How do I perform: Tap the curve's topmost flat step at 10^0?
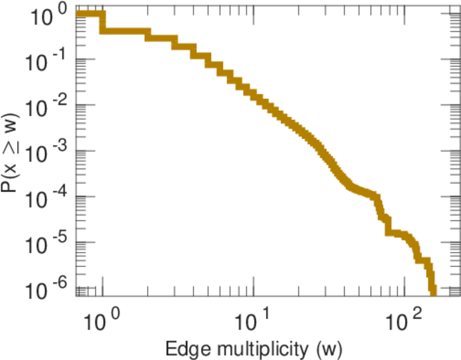[90, 14]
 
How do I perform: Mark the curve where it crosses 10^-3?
[321, 151]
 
